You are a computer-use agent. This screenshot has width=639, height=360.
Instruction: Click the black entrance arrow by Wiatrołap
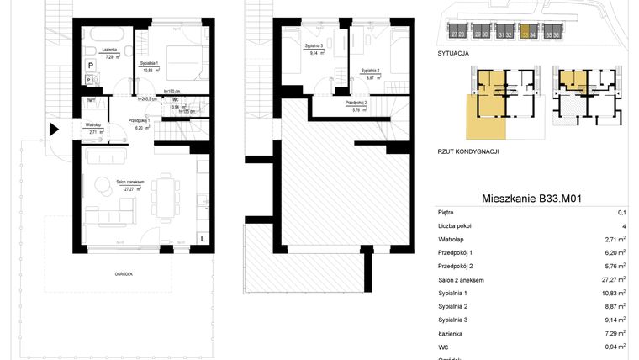coord(54,130)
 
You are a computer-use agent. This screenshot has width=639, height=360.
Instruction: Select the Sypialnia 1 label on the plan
coord(151,66)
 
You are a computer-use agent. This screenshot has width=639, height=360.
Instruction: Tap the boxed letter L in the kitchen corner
coord(203,238)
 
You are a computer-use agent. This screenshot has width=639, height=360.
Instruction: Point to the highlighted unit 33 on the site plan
coord(525,34)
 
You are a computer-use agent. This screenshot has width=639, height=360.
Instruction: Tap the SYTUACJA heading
coord(453,52)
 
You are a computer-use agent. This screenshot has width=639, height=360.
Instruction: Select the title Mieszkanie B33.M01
coord(532,199)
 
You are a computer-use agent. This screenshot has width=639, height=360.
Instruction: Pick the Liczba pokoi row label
coord(457,226)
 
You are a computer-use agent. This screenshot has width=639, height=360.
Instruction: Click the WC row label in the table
coord(443,347)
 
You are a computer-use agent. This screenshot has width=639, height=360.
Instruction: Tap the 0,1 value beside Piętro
coord(621,213)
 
